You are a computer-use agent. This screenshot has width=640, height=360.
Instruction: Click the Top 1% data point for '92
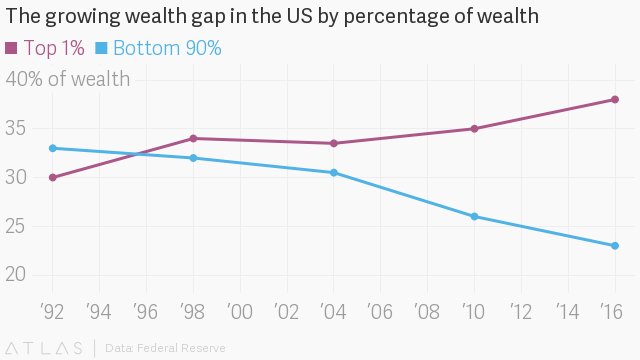pos(52,178)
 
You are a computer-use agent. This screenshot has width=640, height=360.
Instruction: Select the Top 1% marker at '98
pos(193,138)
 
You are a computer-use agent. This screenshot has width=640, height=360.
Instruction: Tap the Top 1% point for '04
pos(334,143)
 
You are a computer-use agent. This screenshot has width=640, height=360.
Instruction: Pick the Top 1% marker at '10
pos(474,129)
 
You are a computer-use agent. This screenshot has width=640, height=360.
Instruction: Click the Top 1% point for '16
pos(615,99)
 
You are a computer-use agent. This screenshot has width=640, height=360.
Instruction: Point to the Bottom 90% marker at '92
pos(52,148)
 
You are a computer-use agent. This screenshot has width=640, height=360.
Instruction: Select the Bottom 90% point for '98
pos(193,158)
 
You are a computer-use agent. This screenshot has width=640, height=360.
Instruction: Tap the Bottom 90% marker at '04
pos(334,173)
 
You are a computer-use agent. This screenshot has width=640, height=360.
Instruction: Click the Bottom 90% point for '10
pos(474,216)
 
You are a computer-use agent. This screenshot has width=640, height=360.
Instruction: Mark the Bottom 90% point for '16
pos(615,246)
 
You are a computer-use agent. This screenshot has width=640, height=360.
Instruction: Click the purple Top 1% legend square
pos(11,48)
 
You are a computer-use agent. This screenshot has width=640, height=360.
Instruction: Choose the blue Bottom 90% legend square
pos(101,48)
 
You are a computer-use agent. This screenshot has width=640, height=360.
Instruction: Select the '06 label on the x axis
pos(380,311)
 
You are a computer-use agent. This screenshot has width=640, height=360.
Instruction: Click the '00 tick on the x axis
pos(239,311)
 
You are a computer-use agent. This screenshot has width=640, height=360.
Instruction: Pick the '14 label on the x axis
pos(568,311)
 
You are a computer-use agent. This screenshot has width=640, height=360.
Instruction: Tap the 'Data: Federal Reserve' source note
pos(165,348)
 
